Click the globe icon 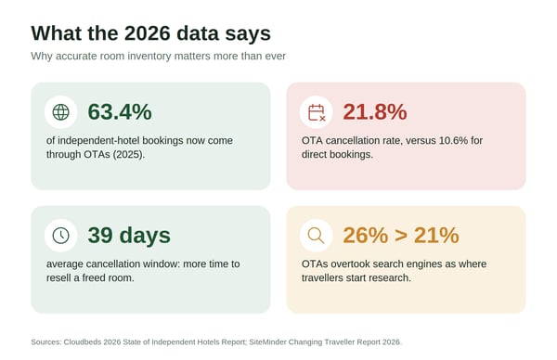pos(60,112)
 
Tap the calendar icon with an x pos(317,112)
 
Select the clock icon pos(60,236)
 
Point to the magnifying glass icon pos(316,236)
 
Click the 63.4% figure pos(120,112)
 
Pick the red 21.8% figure pos(375,112)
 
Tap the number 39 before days pos(100,235)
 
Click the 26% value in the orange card pos(366,235)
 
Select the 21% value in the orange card pos(436,235)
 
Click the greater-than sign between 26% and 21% pos(401,236)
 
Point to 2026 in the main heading pos(148,33)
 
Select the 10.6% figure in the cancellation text pos(453,141)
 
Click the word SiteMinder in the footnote pos(267,342)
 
